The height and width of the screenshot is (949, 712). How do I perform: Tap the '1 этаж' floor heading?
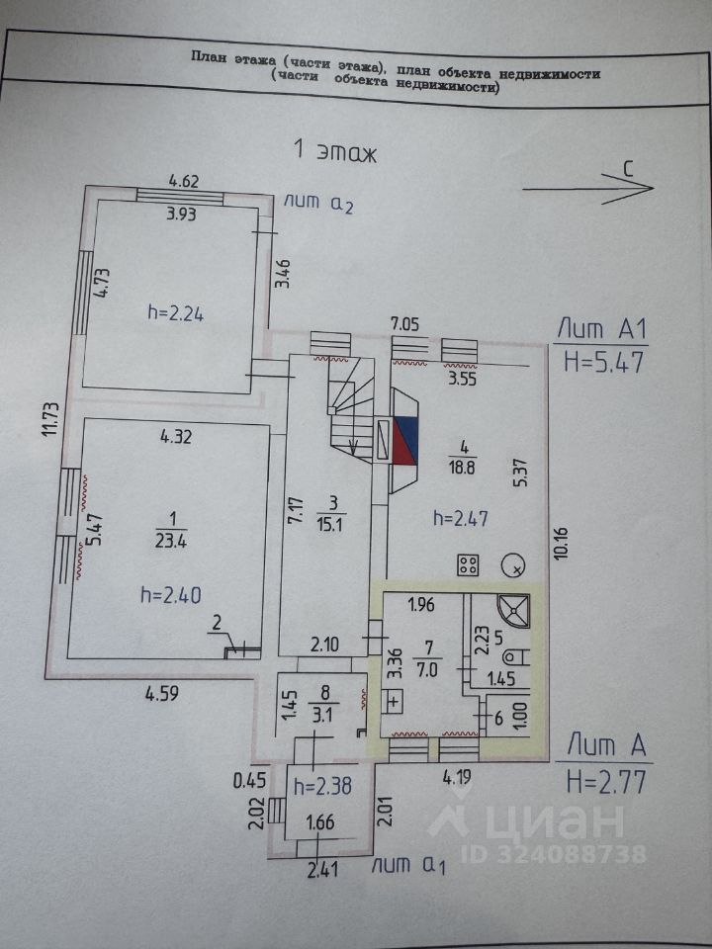tap(336, 151)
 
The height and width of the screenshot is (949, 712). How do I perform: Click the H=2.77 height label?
tap(606, 783)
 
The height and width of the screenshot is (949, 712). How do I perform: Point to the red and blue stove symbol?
tap(404, 441)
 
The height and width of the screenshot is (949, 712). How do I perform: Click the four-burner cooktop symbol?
tap(468, 566)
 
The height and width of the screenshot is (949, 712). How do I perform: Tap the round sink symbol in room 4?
tap(514, 566)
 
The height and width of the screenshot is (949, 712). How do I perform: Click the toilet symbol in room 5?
tap(515, 656)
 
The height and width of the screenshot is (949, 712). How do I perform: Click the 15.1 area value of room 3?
tap(327, 524)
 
